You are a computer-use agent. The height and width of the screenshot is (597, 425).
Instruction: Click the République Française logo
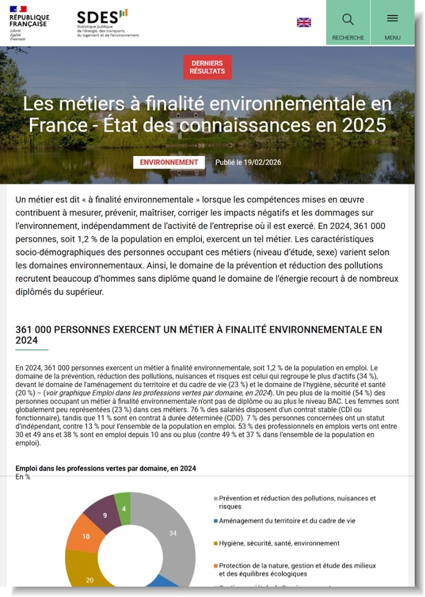pos(28,23)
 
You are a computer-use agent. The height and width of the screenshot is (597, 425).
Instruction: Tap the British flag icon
pos(304,23)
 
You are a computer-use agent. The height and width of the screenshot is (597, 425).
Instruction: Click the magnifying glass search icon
pos(348,19)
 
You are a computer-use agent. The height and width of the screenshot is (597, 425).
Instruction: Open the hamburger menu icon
pos(393,19)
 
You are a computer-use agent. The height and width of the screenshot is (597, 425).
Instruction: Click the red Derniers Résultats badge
pos(207,67)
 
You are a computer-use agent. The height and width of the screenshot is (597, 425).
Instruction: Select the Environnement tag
pos(169,162)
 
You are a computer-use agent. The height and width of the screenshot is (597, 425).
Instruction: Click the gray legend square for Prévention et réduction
pos(216,498)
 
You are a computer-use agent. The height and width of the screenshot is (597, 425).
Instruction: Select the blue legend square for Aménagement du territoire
pos(216,521)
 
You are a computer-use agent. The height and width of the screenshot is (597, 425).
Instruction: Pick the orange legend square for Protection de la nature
pos(216,566)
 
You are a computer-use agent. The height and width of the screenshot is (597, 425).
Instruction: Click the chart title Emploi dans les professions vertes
pos(106,468)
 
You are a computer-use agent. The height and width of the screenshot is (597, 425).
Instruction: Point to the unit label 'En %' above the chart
pos(23,477)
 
